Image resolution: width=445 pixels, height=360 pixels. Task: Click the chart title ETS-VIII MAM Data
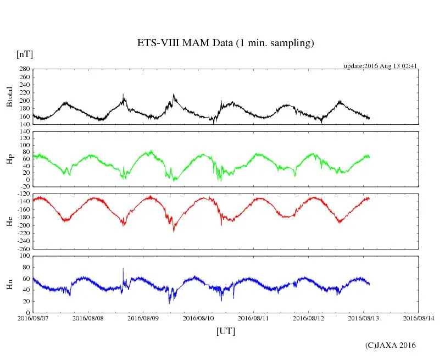(225, 43)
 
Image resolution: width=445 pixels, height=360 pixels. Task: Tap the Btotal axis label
(9, 97)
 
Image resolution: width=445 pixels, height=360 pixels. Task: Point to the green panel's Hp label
(9, 159)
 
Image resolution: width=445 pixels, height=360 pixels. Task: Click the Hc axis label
(9, 221)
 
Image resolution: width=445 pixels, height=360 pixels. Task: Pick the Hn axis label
(9, 284)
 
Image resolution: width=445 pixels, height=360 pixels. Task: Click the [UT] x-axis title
(226, 331)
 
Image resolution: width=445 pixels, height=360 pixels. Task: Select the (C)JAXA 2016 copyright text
(391, 345)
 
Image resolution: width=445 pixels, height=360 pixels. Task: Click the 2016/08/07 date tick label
(33, 318)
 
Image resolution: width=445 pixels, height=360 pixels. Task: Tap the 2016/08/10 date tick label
(198, 318)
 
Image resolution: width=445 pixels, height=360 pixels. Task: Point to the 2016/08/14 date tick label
(419, 318)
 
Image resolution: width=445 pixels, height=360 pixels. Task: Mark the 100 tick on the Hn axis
(24, 256)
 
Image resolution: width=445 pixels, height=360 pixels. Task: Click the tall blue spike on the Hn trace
(123, 270)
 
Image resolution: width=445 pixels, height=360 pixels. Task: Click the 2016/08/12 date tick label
(309, 318)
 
